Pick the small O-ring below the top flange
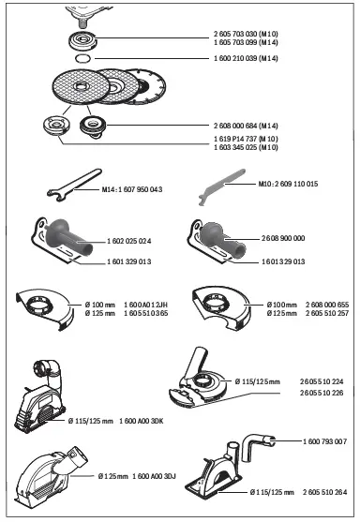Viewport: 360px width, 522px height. [x=82, y=57]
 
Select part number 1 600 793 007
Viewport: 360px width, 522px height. [x=324, y=440]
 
